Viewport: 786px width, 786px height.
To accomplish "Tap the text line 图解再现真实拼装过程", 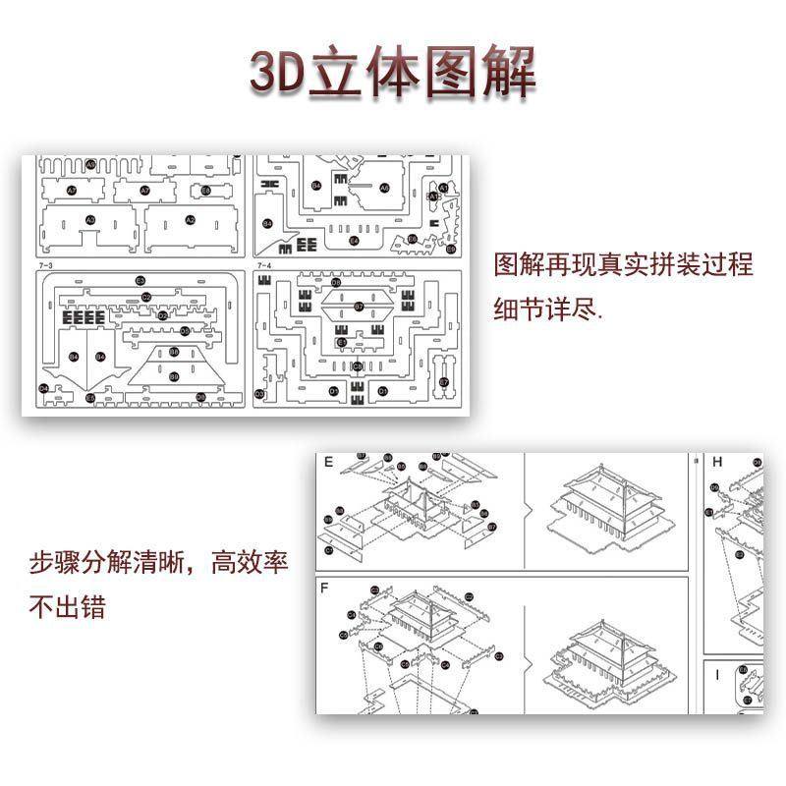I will pyautogui.click(x=623, y=266).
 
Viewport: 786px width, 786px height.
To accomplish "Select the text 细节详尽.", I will pyautogui.click(x=550, y=311).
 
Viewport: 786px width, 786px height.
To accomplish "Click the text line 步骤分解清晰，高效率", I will pyautogui.click(x=157, y=566).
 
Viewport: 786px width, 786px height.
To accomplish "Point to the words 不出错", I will pyautogui.click(x=67, y=608).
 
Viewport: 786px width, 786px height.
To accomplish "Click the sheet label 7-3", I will pyautogui.click(x=43, y=265).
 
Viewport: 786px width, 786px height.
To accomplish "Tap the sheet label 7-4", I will pyautogui.click(x=264, y=265).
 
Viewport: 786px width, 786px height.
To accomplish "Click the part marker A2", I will pyautogui.click(x=191, y=220).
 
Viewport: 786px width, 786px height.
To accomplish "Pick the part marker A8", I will pyautogui.click(x=384, y=188).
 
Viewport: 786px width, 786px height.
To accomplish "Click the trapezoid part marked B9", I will pyautogui.click(x=174, y=376).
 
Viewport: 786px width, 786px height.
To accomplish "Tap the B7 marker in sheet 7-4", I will pyautogui.click(x=359, y=307).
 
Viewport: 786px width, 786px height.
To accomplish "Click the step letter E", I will pyautogui.click(x=328, y=462).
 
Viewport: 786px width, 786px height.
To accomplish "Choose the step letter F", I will pyautogui.click(x=326, y=588).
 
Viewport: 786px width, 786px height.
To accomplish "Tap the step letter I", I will pyautogui.click(x=717, y=675).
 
